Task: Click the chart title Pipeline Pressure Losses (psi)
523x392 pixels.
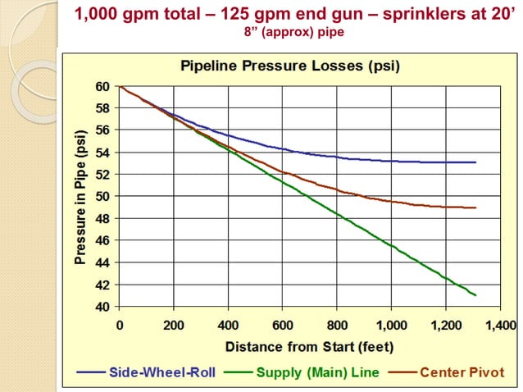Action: coord(289,66)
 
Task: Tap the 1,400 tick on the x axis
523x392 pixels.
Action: coord(501,325)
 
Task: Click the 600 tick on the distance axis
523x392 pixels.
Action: coord(284,325)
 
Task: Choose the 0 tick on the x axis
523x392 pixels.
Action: coord(120,325)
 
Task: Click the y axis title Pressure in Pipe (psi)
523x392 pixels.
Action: coord(80,196)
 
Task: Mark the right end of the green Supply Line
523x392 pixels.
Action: coord(475,295)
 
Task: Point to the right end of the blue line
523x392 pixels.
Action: coord(475,162)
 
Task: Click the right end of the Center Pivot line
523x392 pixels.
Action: coord(475,207)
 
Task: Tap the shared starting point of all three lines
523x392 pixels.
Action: coord(121,86)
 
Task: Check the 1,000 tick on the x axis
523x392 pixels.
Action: coord(392,325)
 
